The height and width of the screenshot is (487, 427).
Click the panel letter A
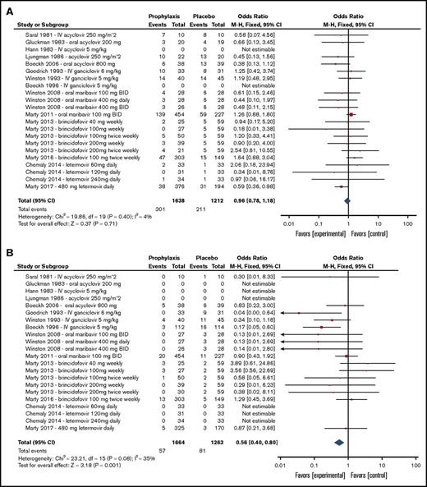pyautogui.click(x=7, y=7)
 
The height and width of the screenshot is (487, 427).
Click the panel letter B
pyautogui.click(x=7, y=250)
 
